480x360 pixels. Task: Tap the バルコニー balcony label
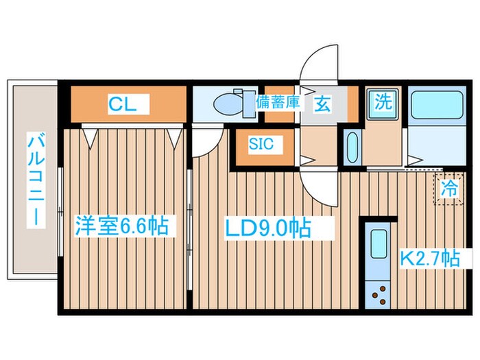33,181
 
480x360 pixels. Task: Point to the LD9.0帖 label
268,227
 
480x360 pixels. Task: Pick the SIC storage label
261,144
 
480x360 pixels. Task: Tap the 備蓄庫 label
278,103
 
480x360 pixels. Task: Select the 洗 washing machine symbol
382,103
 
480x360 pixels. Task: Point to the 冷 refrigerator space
448,187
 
